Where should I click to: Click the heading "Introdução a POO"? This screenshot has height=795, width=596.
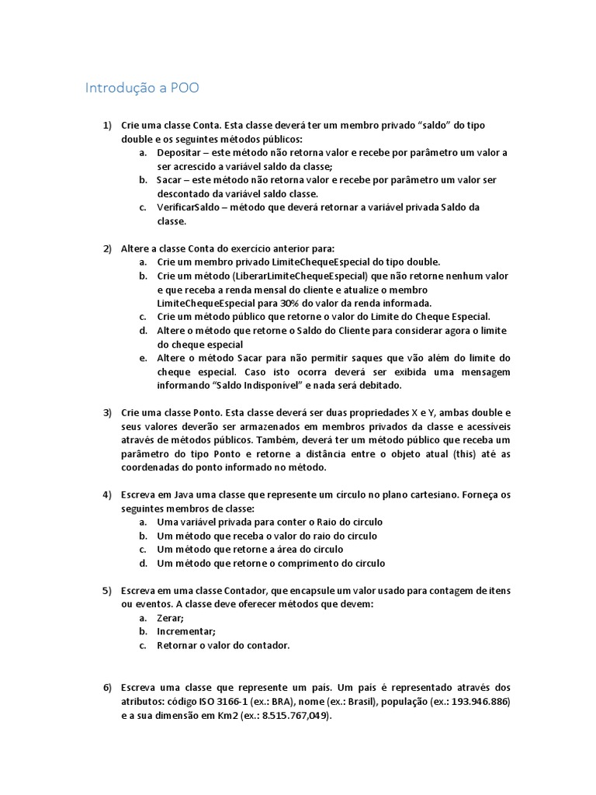[142, 88]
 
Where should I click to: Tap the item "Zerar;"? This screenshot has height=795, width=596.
[170, 618]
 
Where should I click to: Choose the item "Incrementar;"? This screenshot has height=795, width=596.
[186, 631]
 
